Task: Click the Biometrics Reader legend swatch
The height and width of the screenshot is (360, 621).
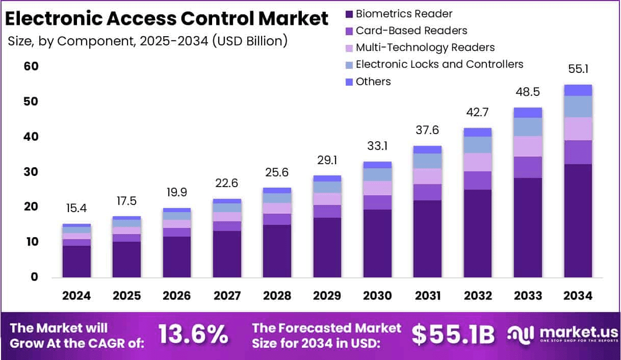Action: pos(349,14)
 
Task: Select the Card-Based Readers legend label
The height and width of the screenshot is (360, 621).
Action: pos(411,31)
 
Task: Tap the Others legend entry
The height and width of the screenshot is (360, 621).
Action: pos(373,81)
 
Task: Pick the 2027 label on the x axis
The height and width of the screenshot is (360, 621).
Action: pos(227,296)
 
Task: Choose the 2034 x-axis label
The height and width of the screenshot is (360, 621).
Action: pos(578,296)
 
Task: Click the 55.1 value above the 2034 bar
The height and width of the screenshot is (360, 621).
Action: pos(578,69)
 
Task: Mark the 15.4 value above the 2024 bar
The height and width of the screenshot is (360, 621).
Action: pos(76,209)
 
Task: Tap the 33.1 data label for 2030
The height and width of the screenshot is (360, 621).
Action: pos(377,146)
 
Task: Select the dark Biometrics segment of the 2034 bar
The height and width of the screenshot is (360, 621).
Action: pos(578,220)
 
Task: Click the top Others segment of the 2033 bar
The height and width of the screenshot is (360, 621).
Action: pos(528,113)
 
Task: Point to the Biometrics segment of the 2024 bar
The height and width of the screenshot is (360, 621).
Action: pos(76,261)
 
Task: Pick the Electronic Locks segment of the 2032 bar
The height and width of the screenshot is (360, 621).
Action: pos(478,145)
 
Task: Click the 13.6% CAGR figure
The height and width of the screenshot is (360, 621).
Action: pos(193,334)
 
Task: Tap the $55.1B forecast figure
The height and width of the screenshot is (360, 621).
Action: pos(453,334)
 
